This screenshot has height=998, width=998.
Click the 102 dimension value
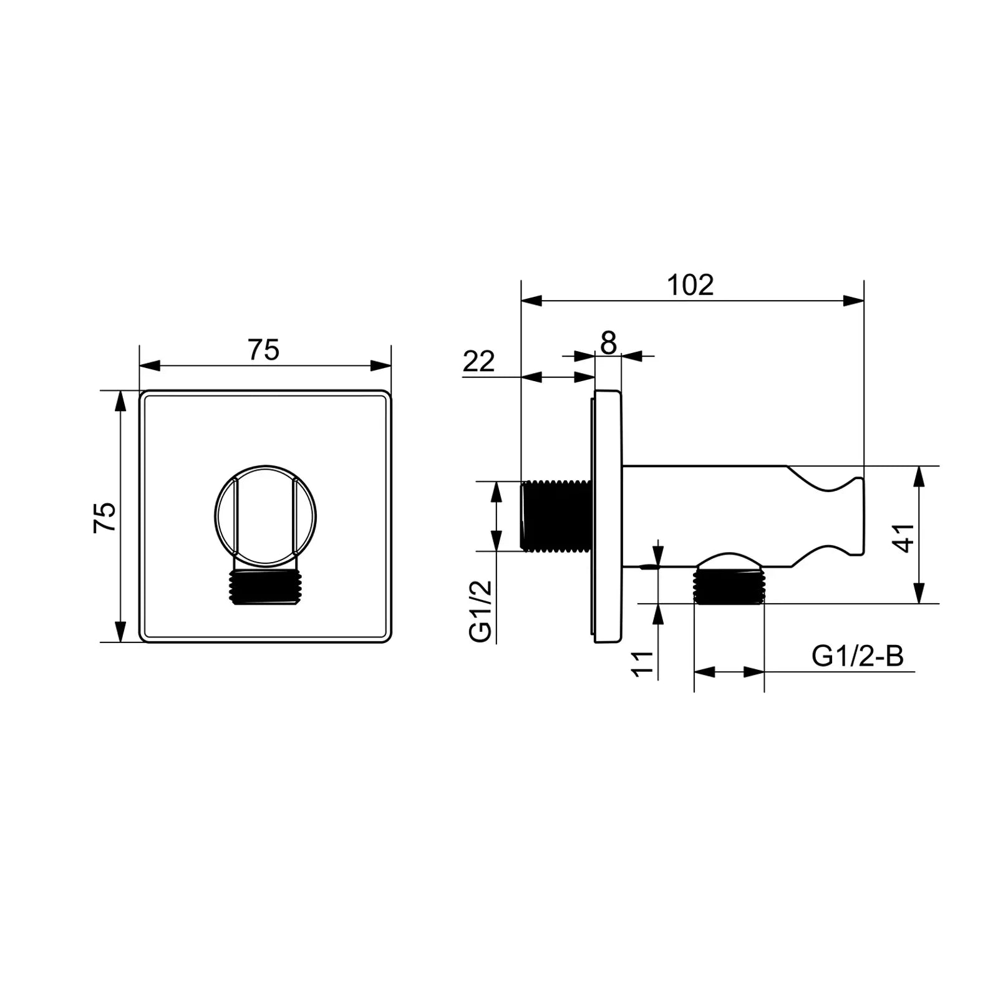click(690, 285)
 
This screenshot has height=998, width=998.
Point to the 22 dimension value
click(479, 361)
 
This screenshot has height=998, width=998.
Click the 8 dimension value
click(608, 342)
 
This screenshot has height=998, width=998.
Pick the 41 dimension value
click(905, 537)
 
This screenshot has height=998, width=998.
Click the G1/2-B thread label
click(858, 656)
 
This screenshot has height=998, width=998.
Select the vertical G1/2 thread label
click(481, 611)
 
